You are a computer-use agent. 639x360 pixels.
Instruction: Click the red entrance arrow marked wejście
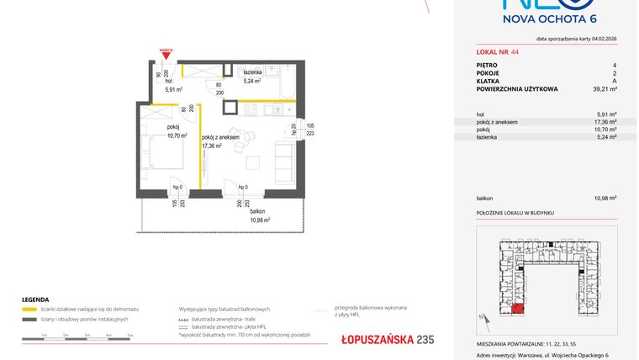(x=167, y=56)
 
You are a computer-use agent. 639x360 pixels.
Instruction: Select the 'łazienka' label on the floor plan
(x=254, y=74)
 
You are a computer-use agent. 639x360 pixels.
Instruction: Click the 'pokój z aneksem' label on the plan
(x=220, y=136)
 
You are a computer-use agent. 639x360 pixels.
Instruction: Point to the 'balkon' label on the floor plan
(x=259, y=211)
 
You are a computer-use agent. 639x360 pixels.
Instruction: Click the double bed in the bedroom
(x=159, y=151)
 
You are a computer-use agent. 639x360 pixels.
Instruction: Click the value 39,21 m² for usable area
(x=605, y=88)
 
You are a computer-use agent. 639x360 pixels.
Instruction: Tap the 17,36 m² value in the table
(x=605, y=121)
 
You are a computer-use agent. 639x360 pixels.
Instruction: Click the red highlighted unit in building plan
(x=518, y=308)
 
